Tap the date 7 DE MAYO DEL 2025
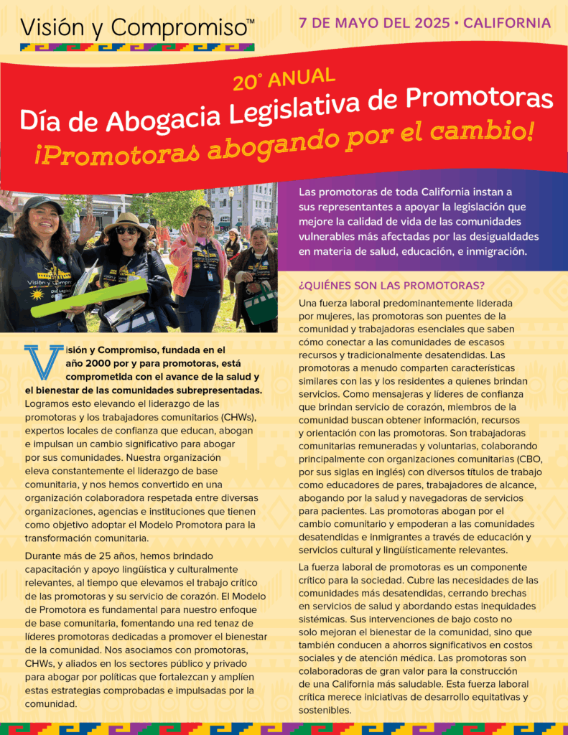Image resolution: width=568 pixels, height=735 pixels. [x=373, y=22]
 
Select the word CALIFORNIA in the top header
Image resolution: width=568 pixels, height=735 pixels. [x=508, y=22]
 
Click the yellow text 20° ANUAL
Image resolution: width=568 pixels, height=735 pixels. [x=284, y=78]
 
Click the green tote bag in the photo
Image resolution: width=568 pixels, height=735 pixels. [x=260, y=303]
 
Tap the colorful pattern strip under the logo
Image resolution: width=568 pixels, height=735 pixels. [x=137, y=47]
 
